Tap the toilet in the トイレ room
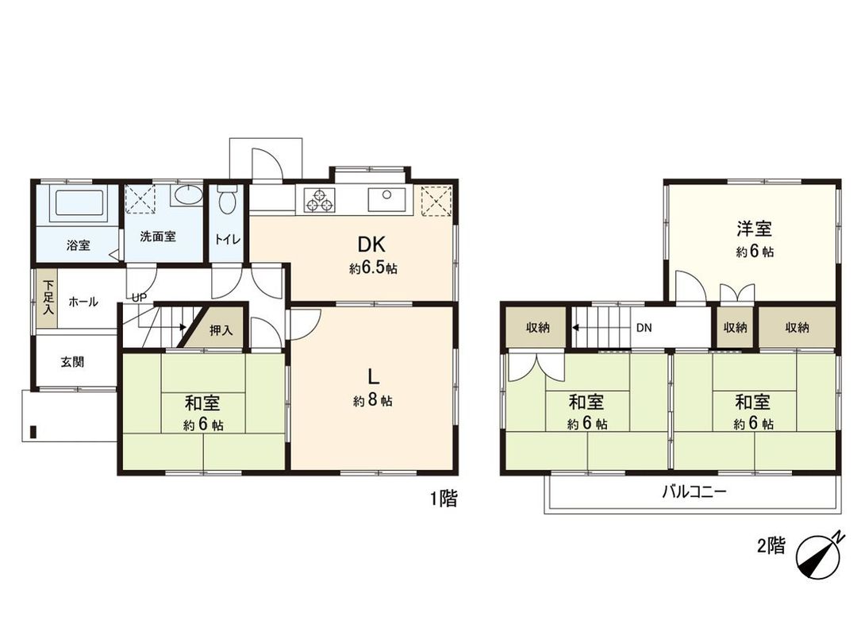pyautogui.click(x=228, y=200)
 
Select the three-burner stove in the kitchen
pyautogui.click(x=320, y=200)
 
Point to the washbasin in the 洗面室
pyautogui.click(x=186, y=196)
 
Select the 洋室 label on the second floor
pyautogui.click(x=754, y=229)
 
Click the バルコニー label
pyautogui.click(x=694, y=491)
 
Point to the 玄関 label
pyautogui.click(x=72, y=361)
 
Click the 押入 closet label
pyautogui.click(x=221, y=331)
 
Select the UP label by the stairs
pyautogui.click(x=139, y=297)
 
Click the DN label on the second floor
pyautogui.click(x=643, y=326)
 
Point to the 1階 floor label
pyautogui.click(x=443, y=499)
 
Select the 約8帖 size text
pyautogui.click(x=372, y=402)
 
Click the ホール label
pyautogui.click(x=83, y=302)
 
